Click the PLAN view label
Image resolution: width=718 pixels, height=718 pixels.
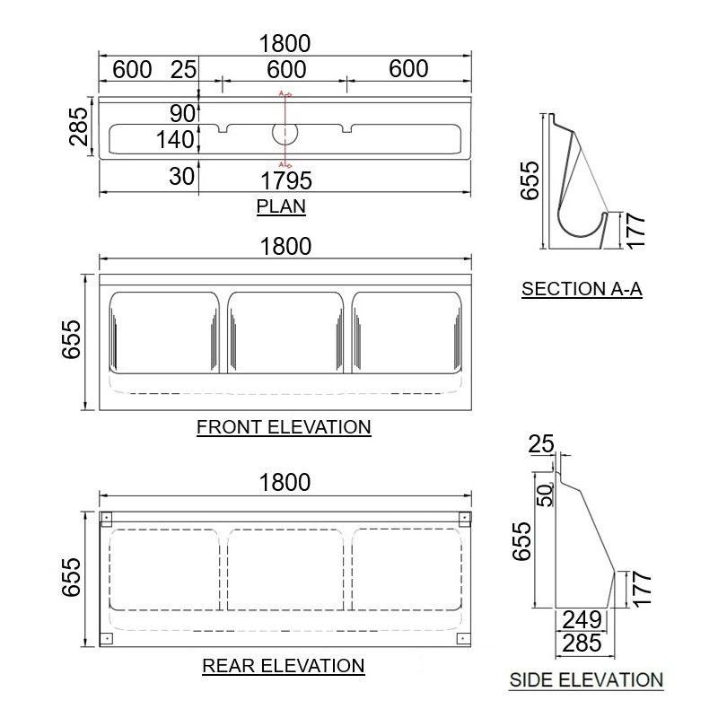281,206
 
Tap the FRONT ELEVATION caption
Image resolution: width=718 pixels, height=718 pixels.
284,427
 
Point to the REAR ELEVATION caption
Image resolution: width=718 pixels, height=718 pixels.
284,666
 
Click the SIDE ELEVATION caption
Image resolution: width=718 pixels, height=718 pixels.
586,680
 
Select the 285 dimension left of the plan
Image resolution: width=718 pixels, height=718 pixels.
78,126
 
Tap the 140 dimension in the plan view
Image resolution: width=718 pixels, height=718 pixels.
175,139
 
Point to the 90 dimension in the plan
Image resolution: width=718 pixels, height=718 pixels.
182,113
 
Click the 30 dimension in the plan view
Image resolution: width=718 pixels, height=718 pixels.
182,176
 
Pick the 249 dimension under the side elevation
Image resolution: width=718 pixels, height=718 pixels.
582,619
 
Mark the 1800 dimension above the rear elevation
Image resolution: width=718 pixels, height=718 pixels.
285,483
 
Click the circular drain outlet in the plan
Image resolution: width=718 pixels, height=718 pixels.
285,134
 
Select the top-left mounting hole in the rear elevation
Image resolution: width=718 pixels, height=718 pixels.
106,519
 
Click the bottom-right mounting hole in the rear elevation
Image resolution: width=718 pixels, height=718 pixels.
463,639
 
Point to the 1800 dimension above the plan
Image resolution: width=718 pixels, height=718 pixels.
285,43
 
